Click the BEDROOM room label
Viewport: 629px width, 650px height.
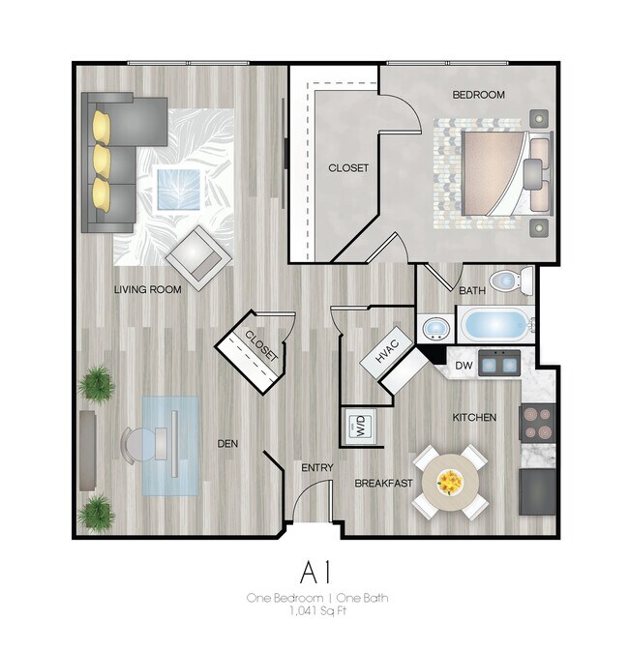pos(479,95)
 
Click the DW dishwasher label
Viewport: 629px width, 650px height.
pos(463,366)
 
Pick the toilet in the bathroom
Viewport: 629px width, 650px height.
pos(508,281)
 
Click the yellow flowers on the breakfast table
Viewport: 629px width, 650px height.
pos(449,481)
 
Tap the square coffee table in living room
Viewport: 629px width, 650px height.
pos(182,186)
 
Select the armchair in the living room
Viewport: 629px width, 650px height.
pos(199,256)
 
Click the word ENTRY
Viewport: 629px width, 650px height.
pos(316,468)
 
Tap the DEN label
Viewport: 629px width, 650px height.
pos(228,444)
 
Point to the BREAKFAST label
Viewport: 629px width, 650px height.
pos(384,483)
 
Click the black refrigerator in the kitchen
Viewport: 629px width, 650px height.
pos(537,491)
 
